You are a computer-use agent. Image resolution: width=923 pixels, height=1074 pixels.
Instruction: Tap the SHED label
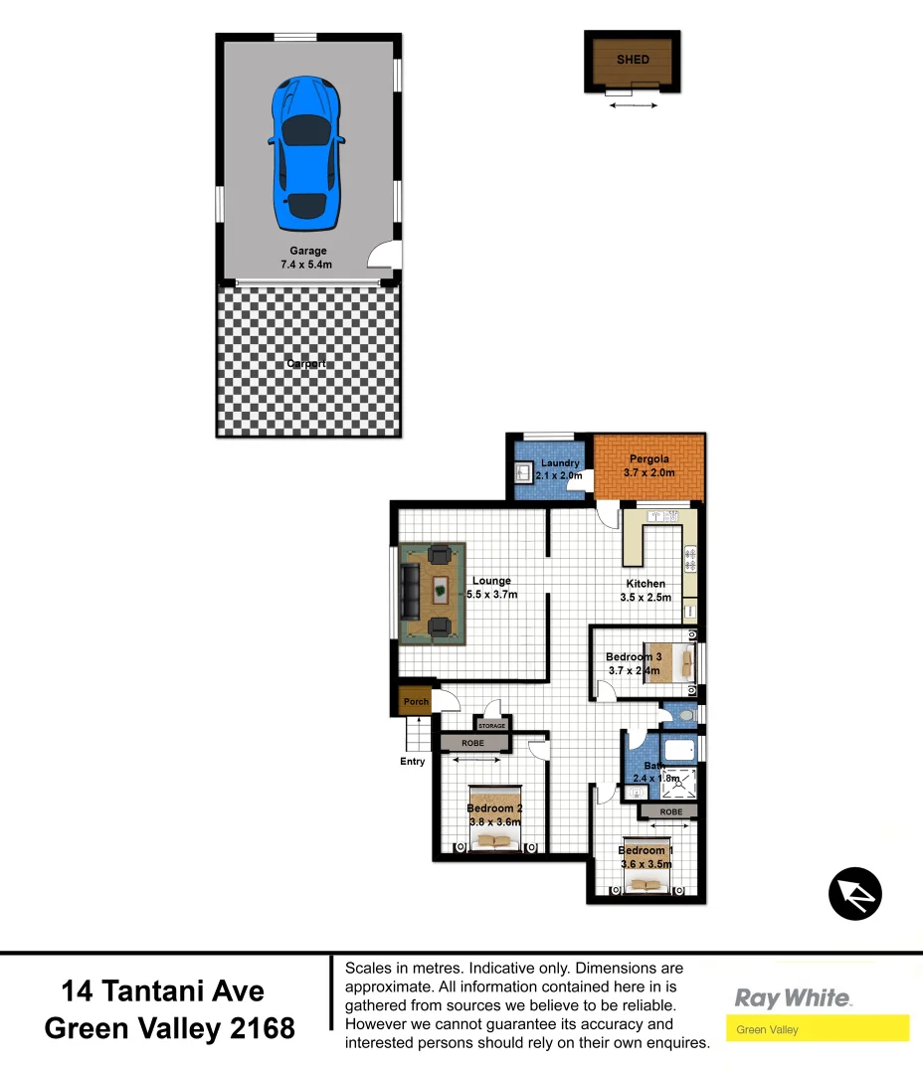coord(633,60)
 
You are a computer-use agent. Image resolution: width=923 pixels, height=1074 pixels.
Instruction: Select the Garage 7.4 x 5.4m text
coord(307,258)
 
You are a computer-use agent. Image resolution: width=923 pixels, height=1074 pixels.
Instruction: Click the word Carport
coord(306,364)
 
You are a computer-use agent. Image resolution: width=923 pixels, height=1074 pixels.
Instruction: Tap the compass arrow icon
coord(855,893)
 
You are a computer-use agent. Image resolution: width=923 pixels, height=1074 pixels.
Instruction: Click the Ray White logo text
coord(793,997)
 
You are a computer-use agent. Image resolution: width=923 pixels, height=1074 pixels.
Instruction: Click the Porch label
coord(416,701)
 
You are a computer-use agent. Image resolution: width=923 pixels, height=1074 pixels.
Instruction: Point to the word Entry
coord(412,762)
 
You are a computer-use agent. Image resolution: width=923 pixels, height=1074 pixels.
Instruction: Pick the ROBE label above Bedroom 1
coord(671,812)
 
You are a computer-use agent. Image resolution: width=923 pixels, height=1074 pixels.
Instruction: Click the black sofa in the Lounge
coord(409,593)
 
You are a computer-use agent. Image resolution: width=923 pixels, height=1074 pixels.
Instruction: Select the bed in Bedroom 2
coord(494,817)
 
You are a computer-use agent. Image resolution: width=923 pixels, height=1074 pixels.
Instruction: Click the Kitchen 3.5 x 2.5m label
coord(646,591)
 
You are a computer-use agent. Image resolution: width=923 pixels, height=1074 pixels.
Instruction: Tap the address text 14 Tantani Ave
coord(163,991)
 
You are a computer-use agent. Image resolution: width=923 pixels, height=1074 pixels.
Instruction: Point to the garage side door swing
coord(382,257)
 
